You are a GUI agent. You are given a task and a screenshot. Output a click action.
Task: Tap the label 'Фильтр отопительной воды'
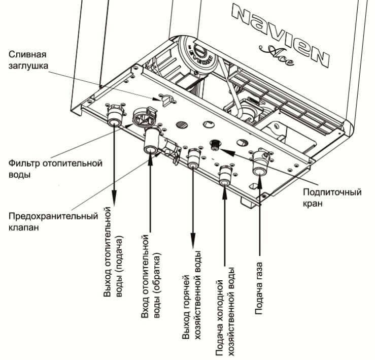pyautogui.click(x=56, y=169)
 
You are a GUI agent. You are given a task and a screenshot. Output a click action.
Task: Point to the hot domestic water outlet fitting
pyautogui.click(x=193, y=161)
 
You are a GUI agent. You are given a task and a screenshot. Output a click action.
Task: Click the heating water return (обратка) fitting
pyautogui.click(x=150, y=144)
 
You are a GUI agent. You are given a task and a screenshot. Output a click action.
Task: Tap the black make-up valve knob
pyautogui.click(x=216, y=144)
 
